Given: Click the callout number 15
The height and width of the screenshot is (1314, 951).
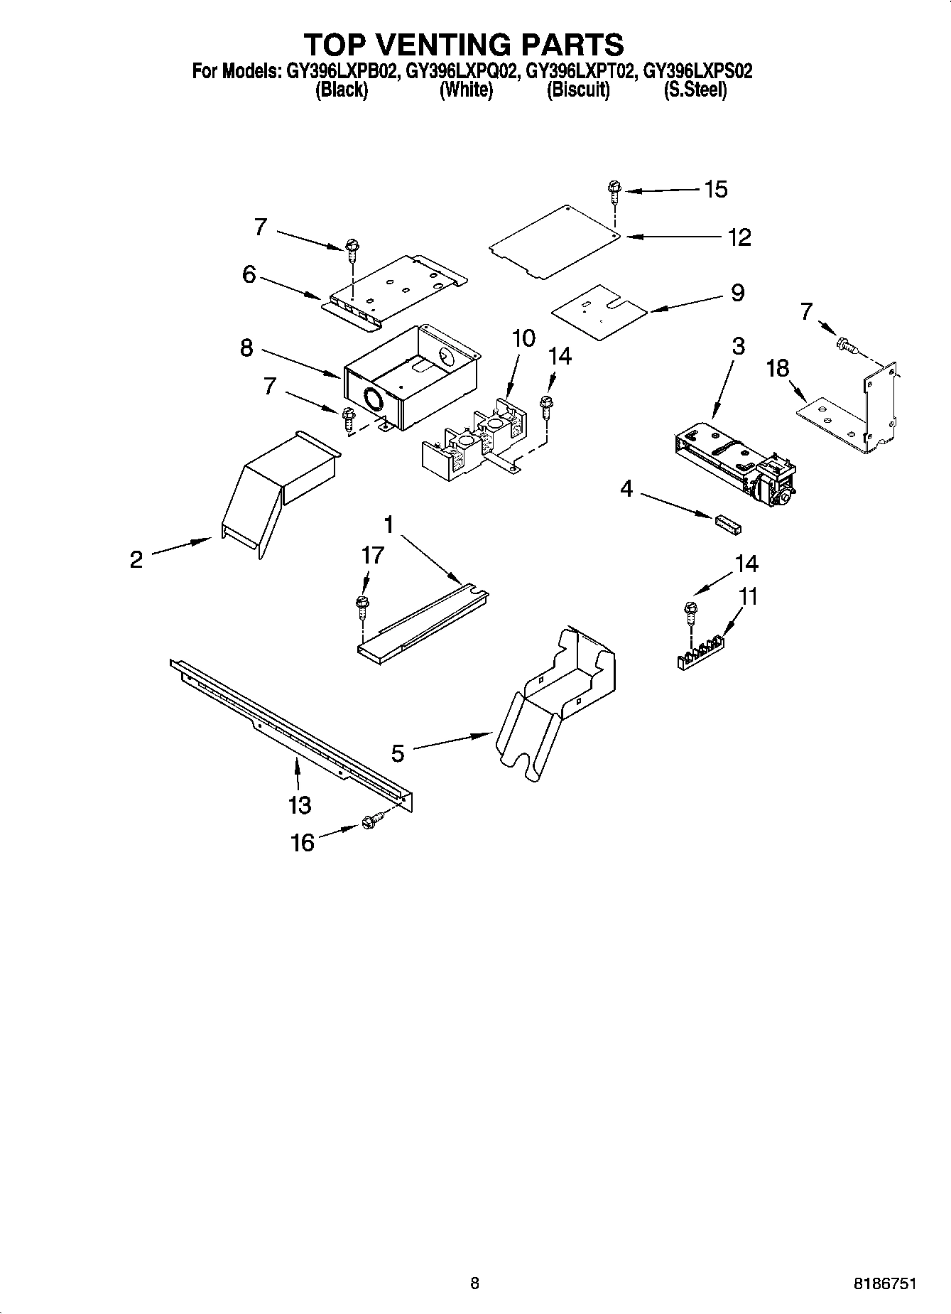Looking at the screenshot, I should [x=715, y=189].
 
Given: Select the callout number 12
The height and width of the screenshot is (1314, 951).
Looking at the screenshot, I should [x=739, y=237].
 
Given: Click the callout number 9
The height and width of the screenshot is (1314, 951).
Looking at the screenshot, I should [x=737, y=292].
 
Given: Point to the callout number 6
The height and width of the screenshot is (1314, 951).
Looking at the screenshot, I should [x=249, y=274].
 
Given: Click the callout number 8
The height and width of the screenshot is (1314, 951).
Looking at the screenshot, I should [x=246, y=349].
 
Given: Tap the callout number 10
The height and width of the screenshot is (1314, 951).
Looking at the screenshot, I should [x=523, y=338].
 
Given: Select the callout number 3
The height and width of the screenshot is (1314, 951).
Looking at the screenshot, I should [x=738, y=346].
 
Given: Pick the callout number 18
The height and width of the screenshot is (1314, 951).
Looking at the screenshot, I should [x=778, y=368].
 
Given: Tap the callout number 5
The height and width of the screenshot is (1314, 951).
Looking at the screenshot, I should [x=398, y=753].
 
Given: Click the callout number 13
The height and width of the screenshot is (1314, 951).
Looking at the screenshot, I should [x=300, y=805].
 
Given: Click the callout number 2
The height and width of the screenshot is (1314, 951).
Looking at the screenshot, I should [x=136, y=559].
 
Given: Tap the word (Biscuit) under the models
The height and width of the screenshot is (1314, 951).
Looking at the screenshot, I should [x=577, y=90].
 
